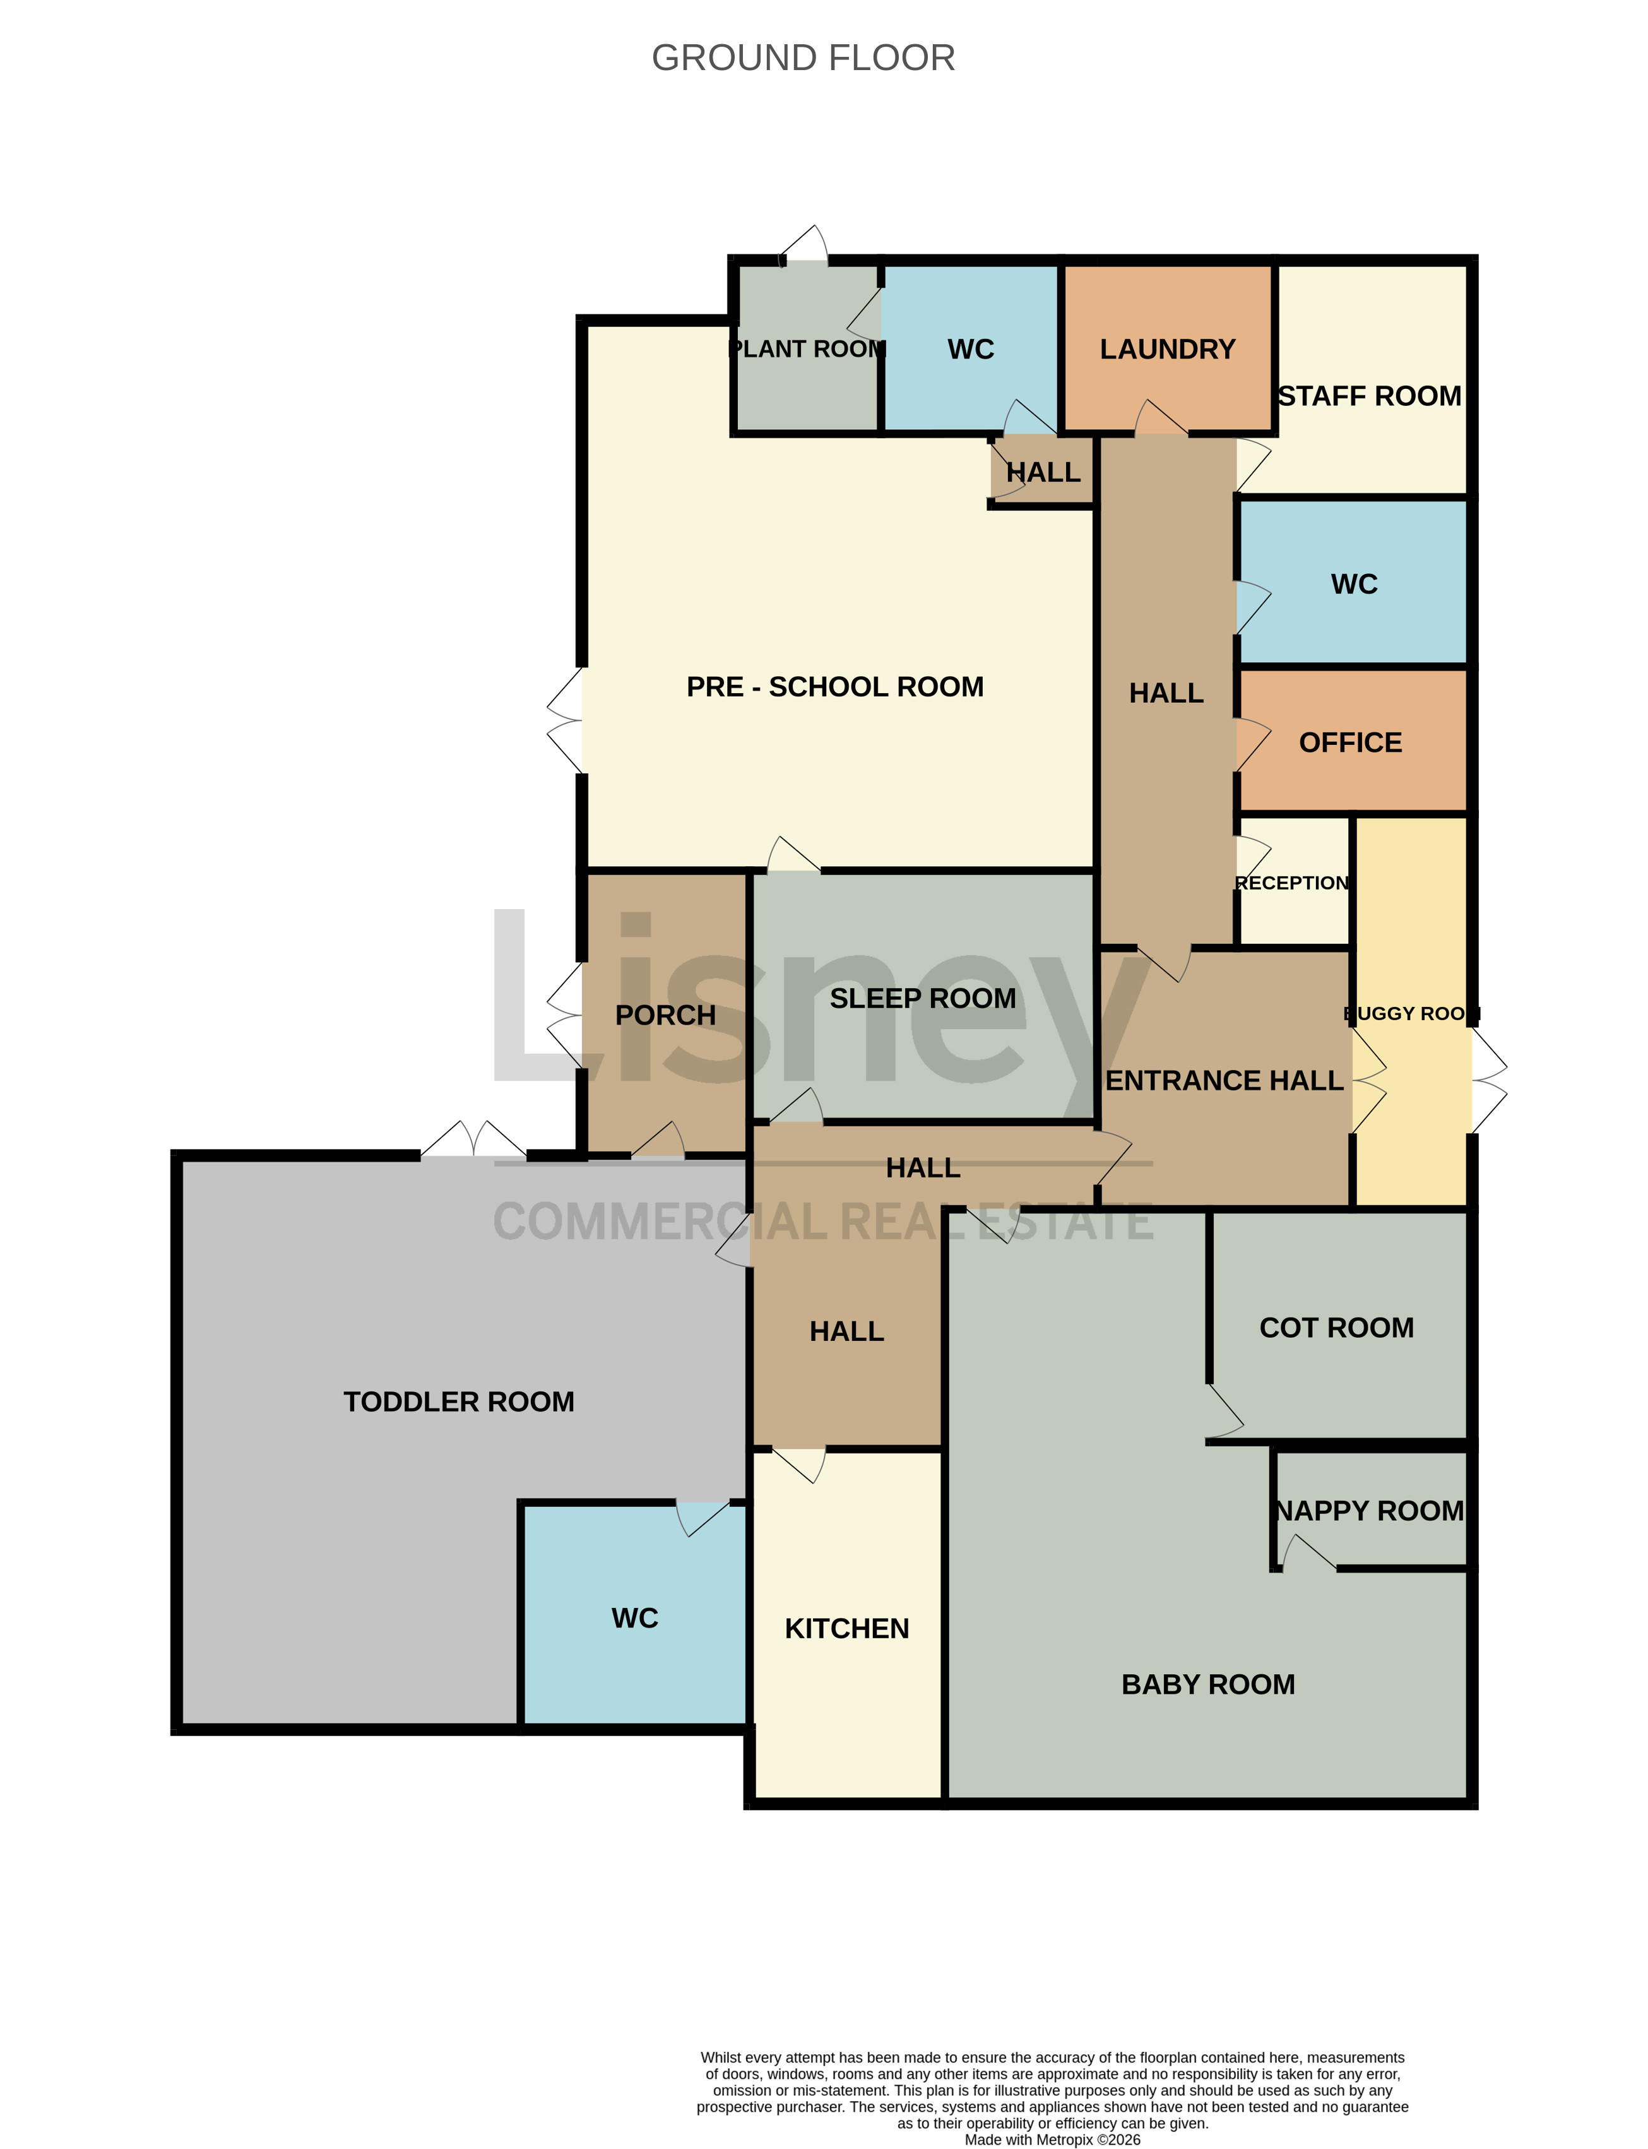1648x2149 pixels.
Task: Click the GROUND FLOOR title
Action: pyautogui.click(x=803, y=58)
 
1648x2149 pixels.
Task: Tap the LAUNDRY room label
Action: pyautogui.click(x=1167, y=349)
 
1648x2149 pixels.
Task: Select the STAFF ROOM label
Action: pyautogui.click(x=1370, y=396)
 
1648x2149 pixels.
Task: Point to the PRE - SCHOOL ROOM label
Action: pyautogui.click(x=835, y=687)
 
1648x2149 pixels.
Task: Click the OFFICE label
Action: pyautogui.click(x=1351, y=743)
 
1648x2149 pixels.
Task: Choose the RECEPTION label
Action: pyautogui.click(x=1292, y=883)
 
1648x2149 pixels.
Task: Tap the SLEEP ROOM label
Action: pyautogui.click(x=923, y=999)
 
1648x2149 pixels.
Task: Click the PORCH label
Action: pyautogui.click(x=665, y=1016)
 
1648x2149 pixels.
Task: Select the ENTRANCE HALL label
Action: pyautogui.click(x=1224, y=1080)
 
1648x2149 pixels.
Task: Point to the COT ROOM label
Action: pyautogui.click(x=1337, y=1328)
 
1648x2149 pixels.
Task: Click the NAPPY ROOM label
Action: pyautogui.click(x=1370, y=1511)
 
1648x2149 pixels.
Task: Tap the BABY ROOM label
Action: pyautogui.click(x=1209, y=1685)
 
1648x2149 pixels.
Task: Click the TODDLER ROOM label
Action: pyautogui.click(x=459, y=1402)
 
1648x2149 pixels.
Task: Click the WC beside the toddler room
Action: pyautogui.click(x=635, y=1618)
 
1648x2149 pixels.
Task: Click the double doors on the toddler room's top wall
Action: pyautogui.click(x=474, y=1138)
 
